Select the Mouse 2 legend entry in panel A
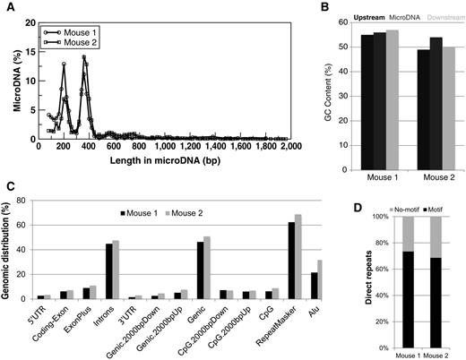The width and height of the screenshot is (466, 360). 76,28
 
